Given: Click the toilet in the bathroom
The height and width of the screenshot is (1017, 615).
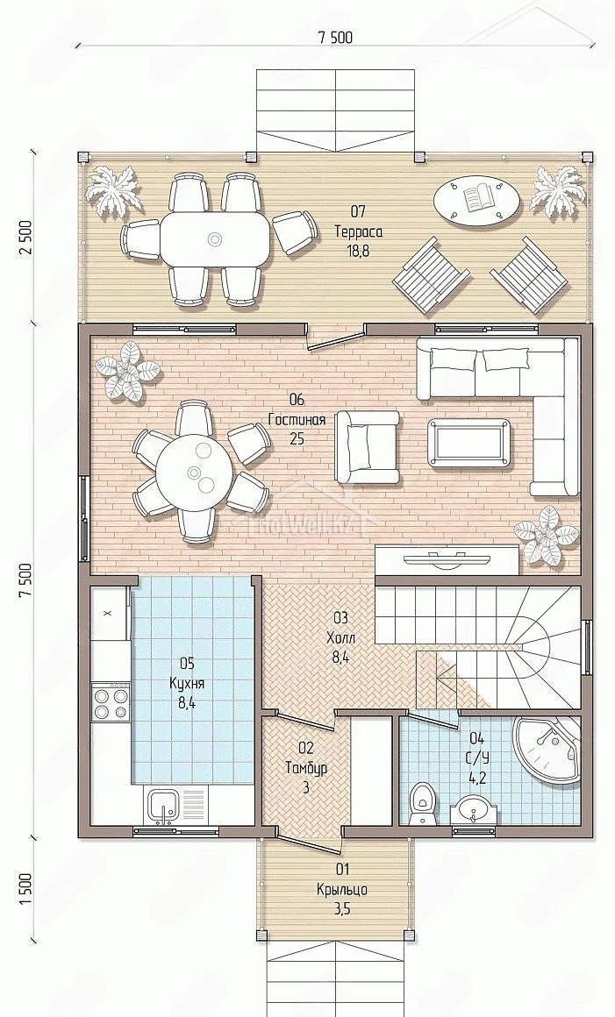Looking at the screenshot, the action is (422, 804).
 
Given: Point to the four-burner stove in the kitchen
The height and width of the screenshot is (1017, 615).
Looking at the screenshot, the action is (111, 701).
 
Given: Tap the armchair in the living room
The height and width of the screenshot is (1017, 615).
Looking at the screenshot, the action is (368, 447).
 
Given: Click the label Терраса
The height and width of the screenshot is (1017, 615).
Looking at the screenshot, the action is (358, 231).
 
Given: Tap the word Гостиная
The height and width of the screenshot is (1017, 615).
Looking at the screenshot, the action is (297, 420).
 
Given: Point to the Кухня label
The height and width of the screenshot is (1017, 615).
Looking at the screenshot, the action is (187, 683).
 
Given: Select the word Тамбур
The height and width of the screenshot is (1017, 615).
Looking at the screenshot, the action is (306, 768).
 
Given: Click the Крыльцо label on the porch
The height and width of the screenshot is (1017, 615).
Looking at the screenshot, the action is (342, 889).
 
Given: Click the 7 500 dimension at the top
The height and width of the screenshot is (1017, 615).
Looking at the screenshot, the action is (335, 38).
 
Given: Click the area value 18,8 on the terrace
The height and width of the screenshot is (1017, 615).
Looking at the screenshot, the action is (358, 251).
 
